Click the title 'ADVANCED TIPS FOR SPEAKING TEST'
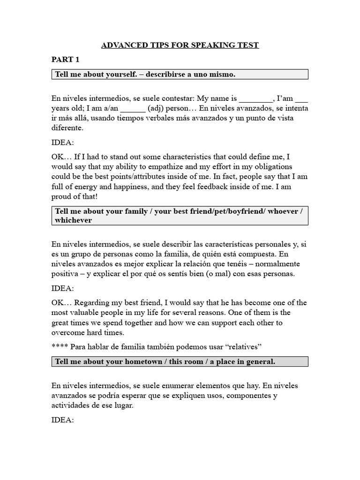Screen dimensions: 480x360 (x=180, y=45)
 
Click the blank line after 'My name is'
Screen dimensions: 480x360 (x=255, y=98)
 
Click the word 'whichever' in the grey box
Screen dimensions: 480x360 (x=74, y=220)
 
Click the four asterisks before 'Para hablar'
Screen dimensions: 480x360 (x=60, y=346)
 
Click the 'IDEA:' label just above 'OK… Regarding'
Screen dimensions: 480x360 (x=62, y=288)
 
